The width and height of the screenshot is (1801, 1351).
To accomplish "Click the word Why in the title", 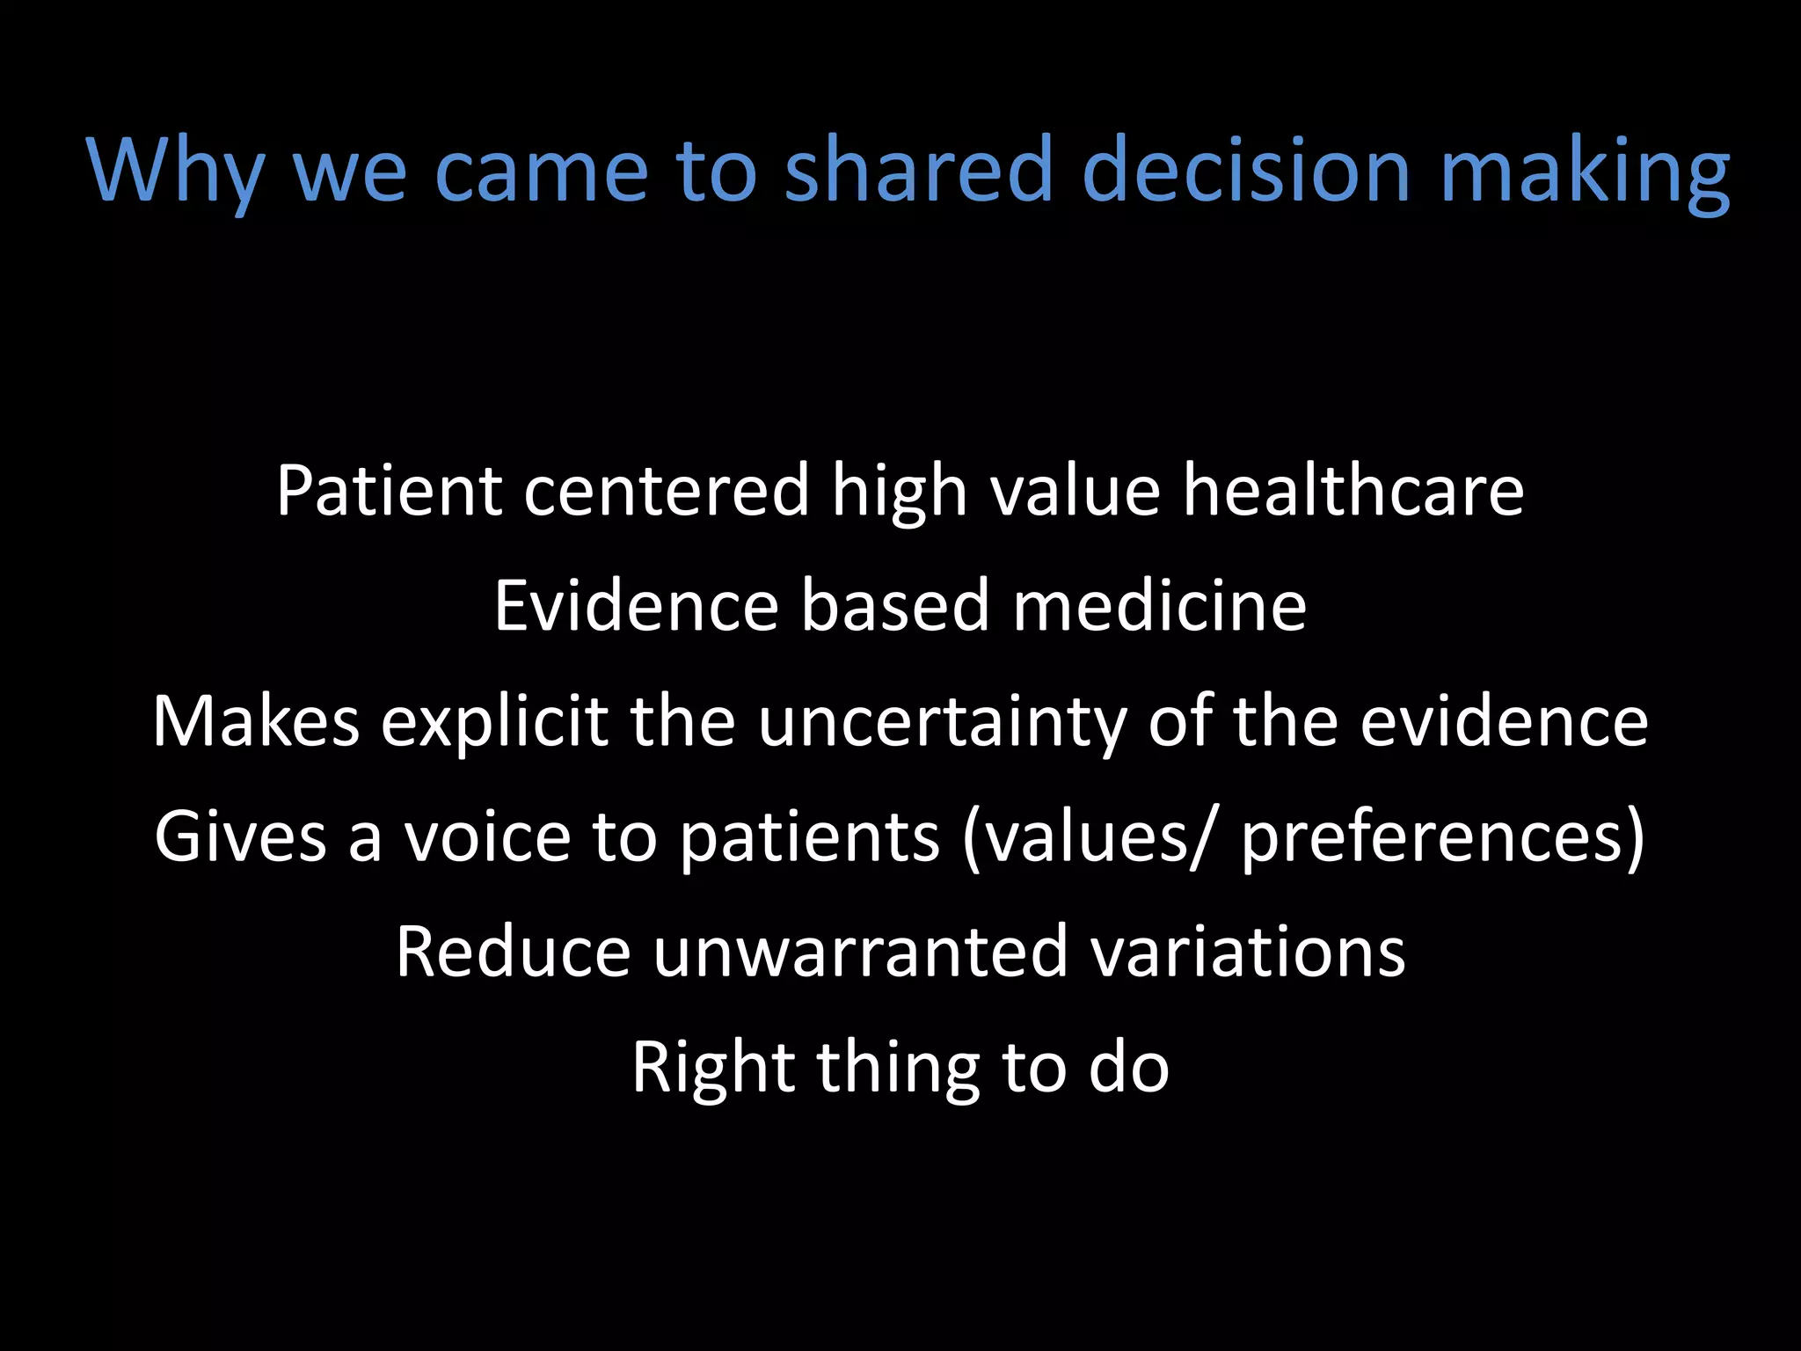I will (x=176, y=172).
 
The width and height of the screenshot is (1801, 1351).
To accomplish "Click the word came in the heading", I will (x=541, y=172).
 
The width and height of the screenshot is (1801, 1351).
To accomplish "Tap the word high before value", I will (x=900, y=493).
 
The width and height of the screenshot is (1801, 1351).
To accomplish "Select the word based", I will (x=894, y=606).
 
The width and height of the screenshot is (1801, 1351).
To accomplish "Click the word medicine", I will (x=1159, y=606).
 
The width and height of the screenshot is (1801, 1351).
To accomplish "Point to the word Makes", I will (x=256, y=721).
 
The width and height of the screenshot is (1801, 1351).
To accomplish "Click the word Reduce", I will (x=513, y=952).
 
